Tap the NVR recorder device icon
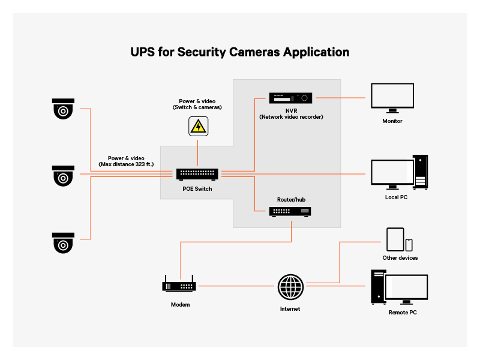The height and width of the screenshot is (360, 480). pyautogui.click(x=292, y=98)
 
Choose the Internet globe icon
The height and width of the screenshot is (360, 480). pyautogui.click(x=290, y=287)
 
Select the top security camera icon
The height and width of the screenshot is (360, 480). pyautogui.click(x=62, y=109)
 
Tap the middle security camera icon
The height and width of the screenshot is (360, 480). pyautogui.click(x=62, y=176)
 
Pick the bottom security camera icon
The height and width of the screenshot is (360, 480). pyautogui.click(x=62, y=242)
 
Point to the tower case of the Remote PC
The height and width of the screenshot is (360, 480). pyautogui.click(x=377, y=287)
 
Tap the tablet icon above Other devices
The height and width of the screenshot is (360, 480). pyautogui.click(x=395, y=239)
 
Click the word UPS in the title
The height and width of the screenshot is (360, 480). pyautogui.click(x=143, y=52)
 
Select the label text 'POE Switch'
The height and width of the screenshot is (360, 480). pyautogui.click(x=197, y=188)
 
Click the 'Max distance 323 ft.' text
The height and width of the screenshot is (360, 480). pyautogui.click(x=126, y=164)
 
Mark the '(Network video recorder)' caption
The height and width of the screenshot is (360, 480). pyautogui.click(x=291, y=117)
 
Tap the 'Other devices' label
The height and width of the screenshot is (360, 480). pyautogui.click(x=400, y=258)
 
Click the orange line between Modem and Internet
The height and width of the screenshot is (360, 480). pyautogui.click(x=237, y=286)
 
